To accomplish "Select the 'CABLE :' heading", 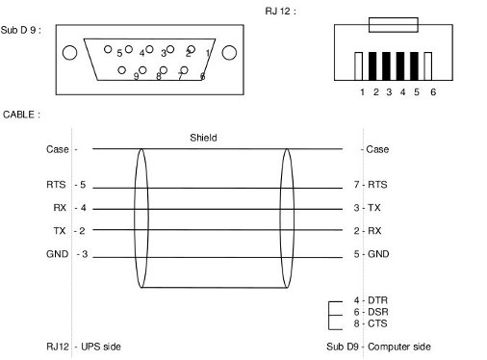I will tap(21, 114).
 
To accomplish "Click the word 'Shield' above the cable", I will tap(203, 138).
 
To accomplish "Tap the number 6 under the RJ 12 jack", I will tap(433, 92).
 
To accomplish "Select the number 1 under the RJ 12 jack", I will tap(363, 92).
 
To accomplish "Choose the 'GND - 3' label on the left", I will tap(66, 253).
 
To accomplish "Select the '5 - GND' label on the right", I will tap(371, 253).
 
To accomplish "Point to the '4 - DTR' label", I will tap(371, 300).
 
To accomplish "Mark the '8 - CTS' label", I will tap(371, 323).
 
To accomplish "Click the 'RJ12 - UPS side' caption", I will tap(83, 346).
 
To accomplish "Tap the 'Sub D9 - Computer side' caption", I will tap(378, 346).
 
